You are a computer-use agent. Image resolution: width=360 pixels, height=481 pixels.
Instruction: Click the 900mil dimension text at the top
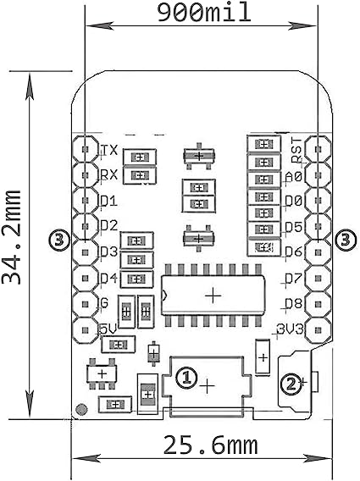tap(199, 12)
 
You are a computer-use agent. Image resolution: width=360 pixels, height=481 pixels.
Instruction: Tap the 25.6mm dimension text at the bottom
tap(199, 444)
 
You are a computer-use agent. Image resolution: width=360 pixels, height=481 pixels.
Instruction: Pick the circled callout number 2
tap(291, 384)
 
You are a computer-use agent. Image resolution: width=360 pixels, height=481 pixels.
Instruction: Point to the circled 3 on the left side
tap(58, 240)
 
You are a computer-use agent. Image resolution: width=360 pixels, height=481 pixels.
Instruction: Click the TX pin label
tap(108, 151)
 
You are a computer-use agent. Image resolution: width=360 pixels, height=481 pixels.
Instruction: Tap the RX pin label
tap(108, 175)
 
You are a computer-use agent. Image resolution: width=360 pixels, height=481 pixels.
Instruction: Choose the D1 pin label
tap(108, 202)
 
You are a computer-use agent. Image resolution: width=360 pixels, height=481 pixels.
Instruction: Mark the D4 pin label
tap(108, 278)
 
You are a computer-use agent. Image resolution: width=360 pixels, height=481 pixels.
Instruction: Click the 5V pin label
tap(108, 329)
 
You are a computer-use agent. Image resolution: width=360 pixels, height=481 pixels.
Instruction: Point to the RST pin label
tap(296, 151)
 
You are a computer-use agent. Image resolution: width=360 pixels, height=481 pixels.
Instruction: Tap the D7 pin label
tap(293, 278)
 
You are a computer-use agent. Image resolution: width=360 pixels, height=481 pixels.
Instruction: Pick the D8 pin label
tap(293, 303)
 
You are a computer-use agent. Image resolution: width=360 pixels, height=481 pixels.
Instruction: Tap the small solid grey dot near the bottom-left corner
tap(80, 410)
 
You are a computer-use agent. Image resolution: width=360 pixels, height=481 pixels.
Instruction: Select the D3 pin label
tap(108, 252)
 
